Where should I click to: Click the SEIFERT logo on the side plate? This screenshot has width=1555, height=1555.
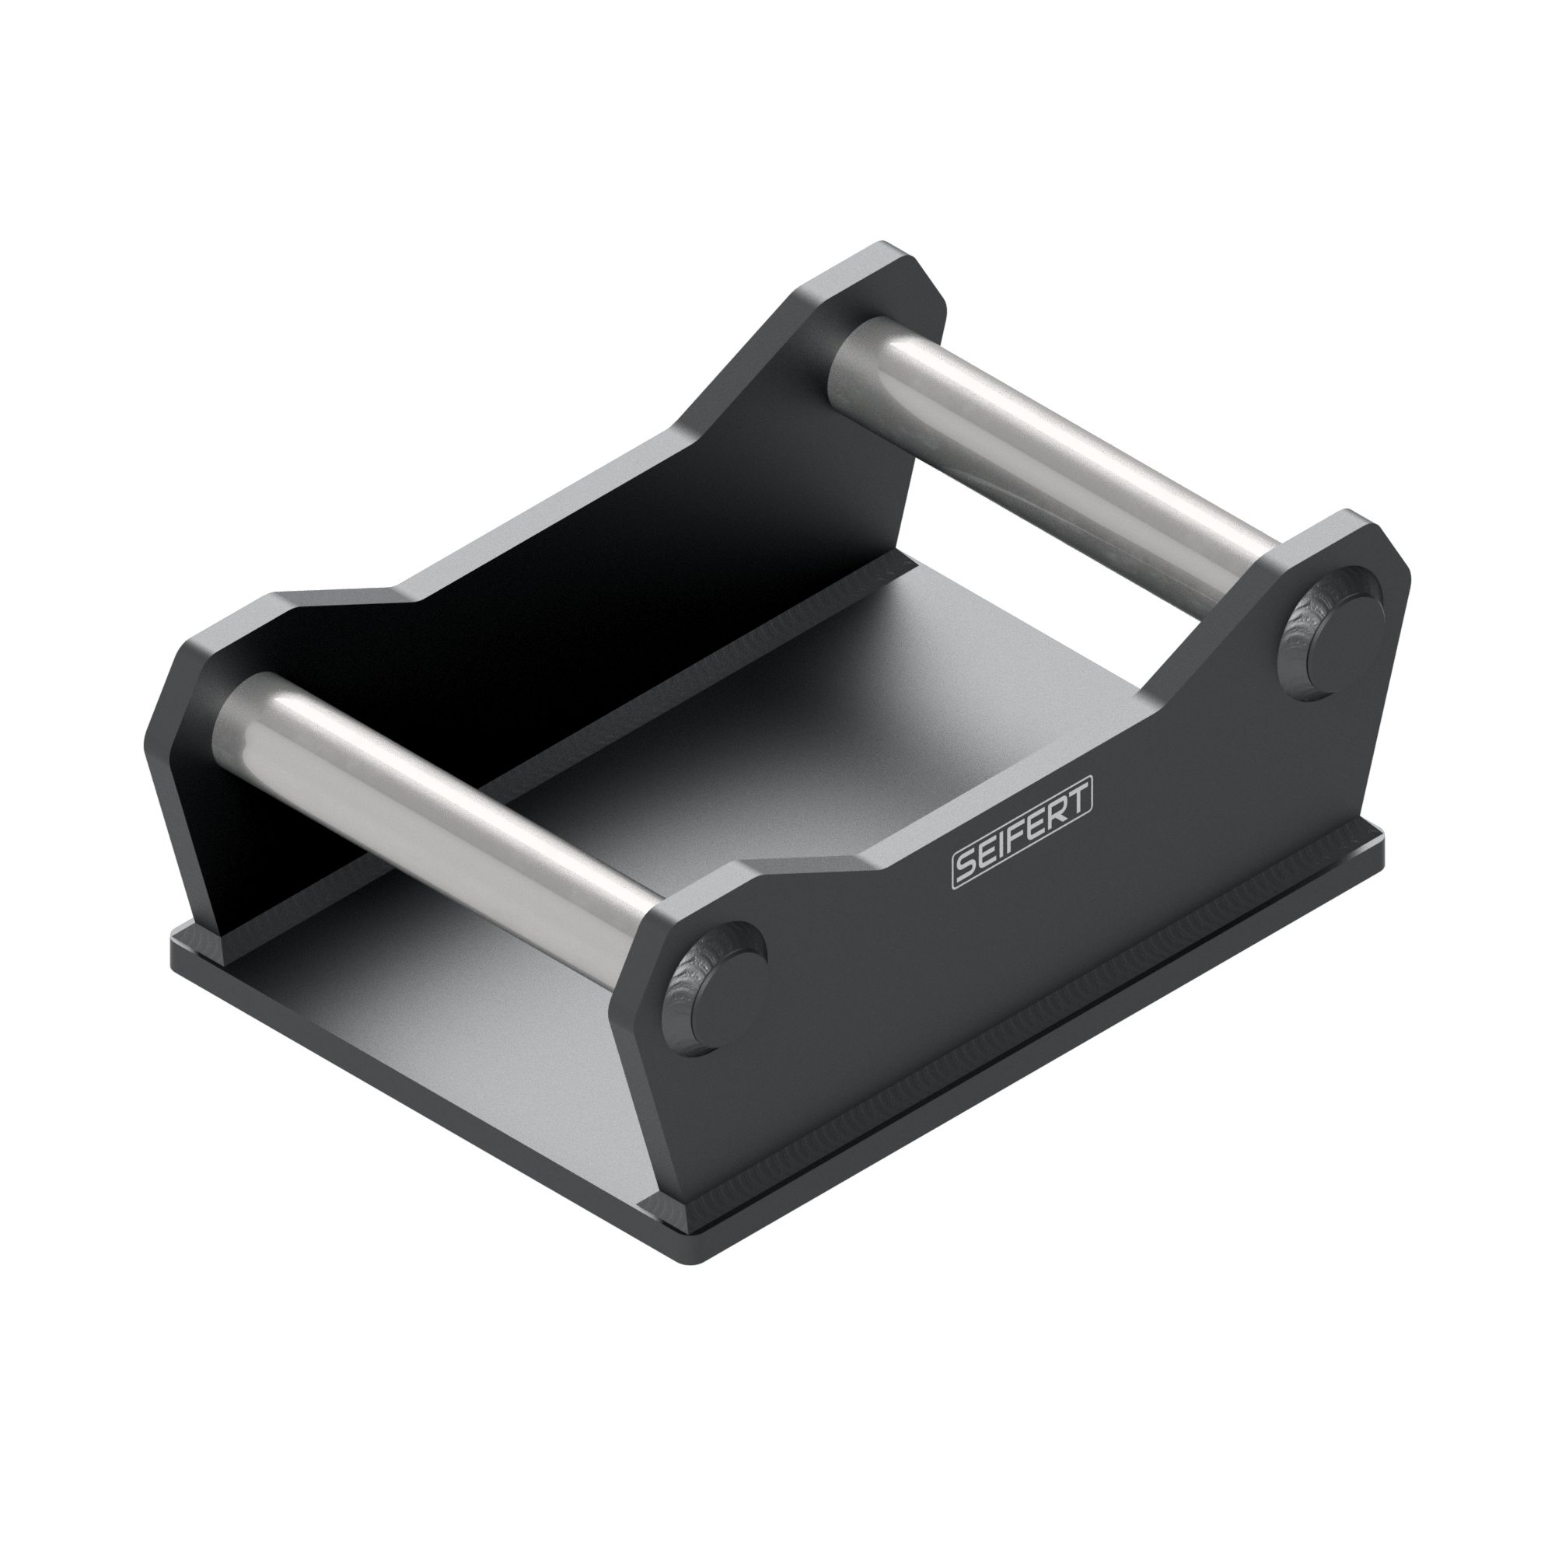[x=1022, y=838]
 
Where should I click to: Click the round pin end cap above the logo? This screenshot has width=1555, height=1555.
[x=1331, y=633]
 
